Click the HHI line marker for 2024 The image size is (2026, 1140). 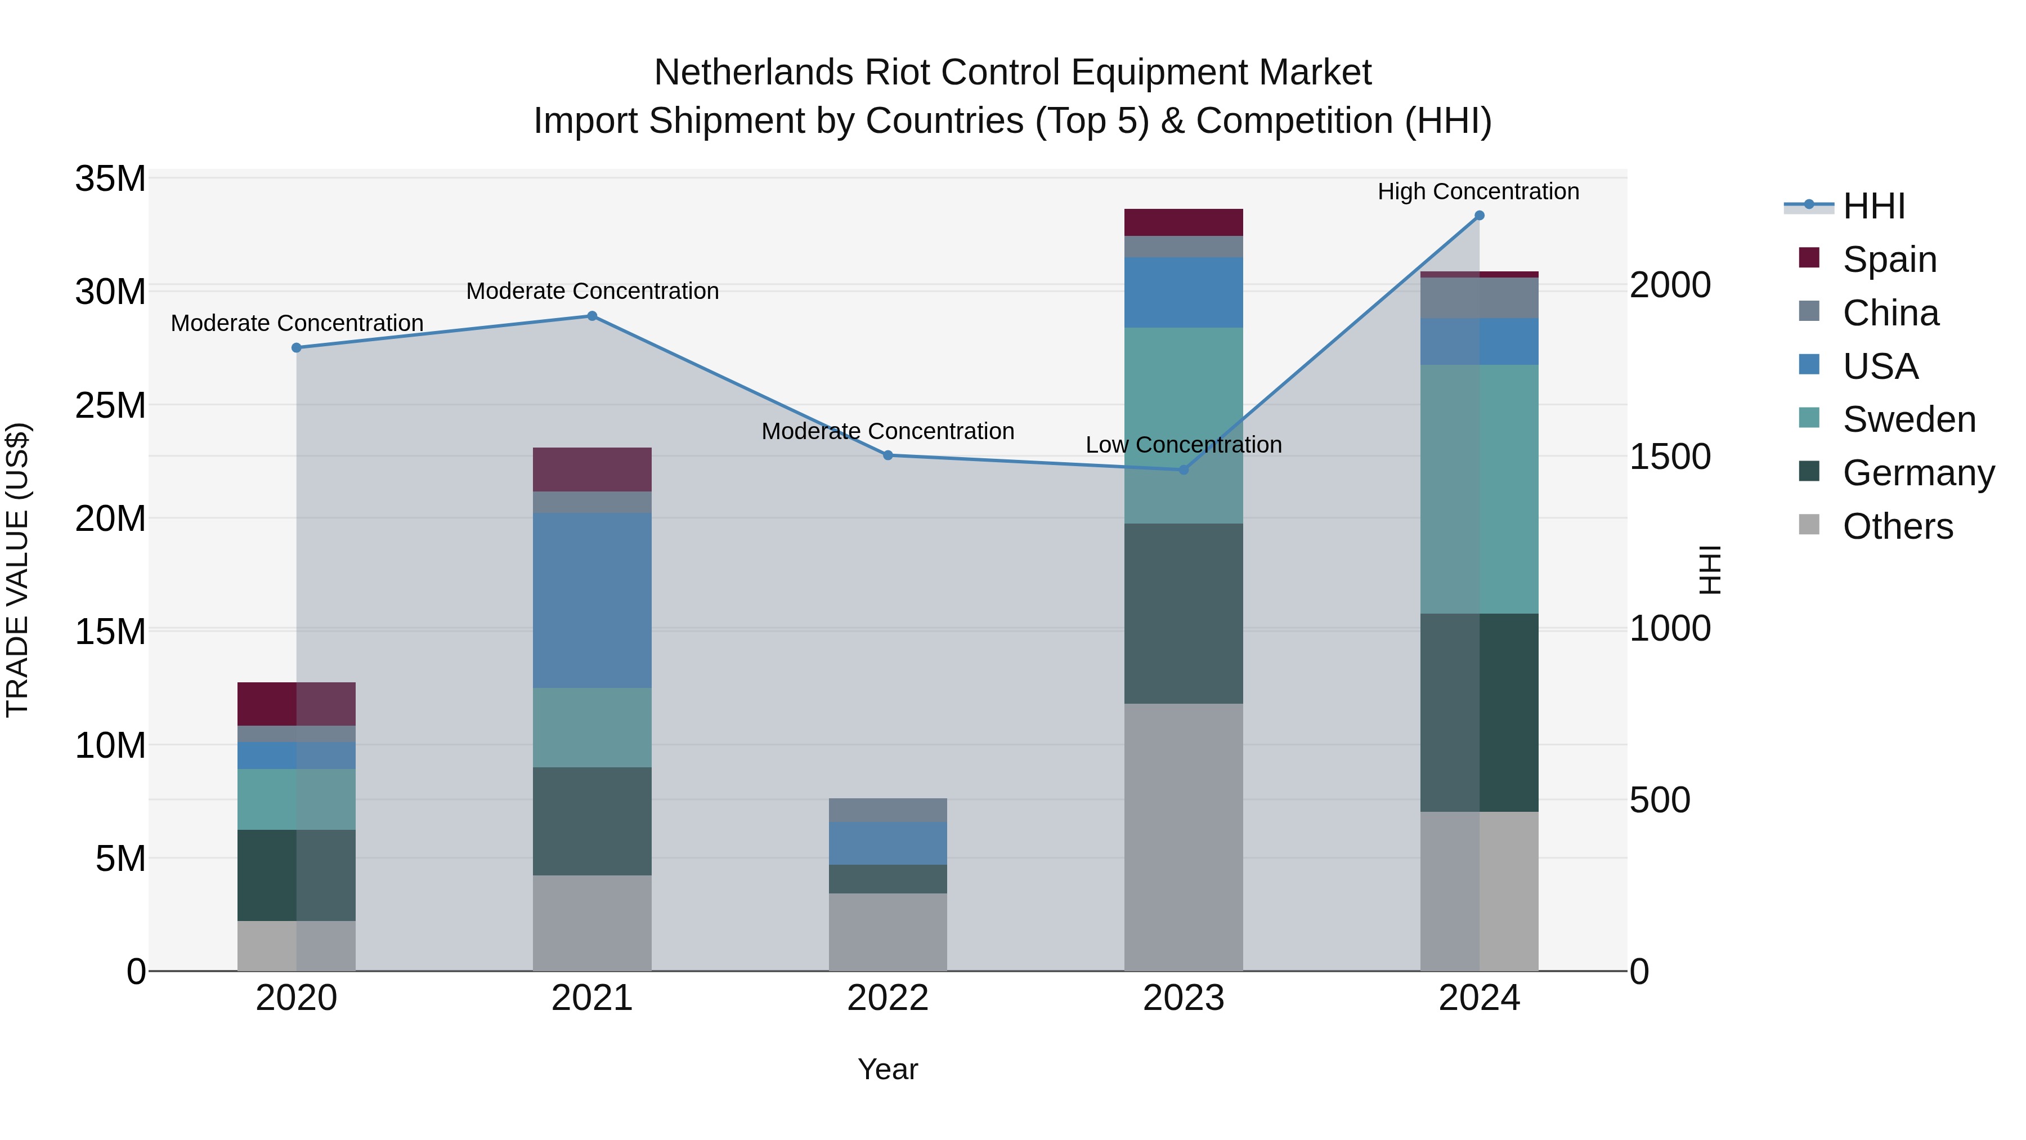tap(1478, 216)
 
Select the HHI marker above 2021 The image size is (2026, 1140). tap(592, 316)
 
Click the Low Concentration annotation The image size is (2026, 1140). tap(1183, 445)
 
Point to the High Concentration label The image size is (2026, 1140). tap(1478, 191)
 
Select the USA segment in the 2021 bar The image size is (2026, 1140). tap(592, 600)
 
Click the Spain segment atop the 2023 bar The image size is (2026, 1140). tap(1183, 222)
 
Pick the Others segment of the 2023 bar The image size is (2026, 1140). tap(1183, 837)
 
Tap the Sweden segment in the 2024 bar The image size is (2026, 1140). tap(1478, 489)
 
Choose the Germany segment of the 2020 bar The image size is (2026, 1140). tap(297, 875)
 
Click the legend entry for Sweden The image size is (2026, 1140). tap(1909, 419)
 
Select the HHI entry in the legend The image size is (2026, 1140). tap(1873, 206)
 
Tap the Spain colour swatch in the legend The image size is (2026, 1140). tap(1809, 258)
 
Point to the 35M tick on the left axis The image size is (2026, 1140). tap(110, 178)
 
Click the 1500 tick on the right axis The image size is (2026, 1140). tap(1669, 457)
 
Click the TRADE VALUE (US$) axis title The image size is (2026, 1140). tap(18, 570)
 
